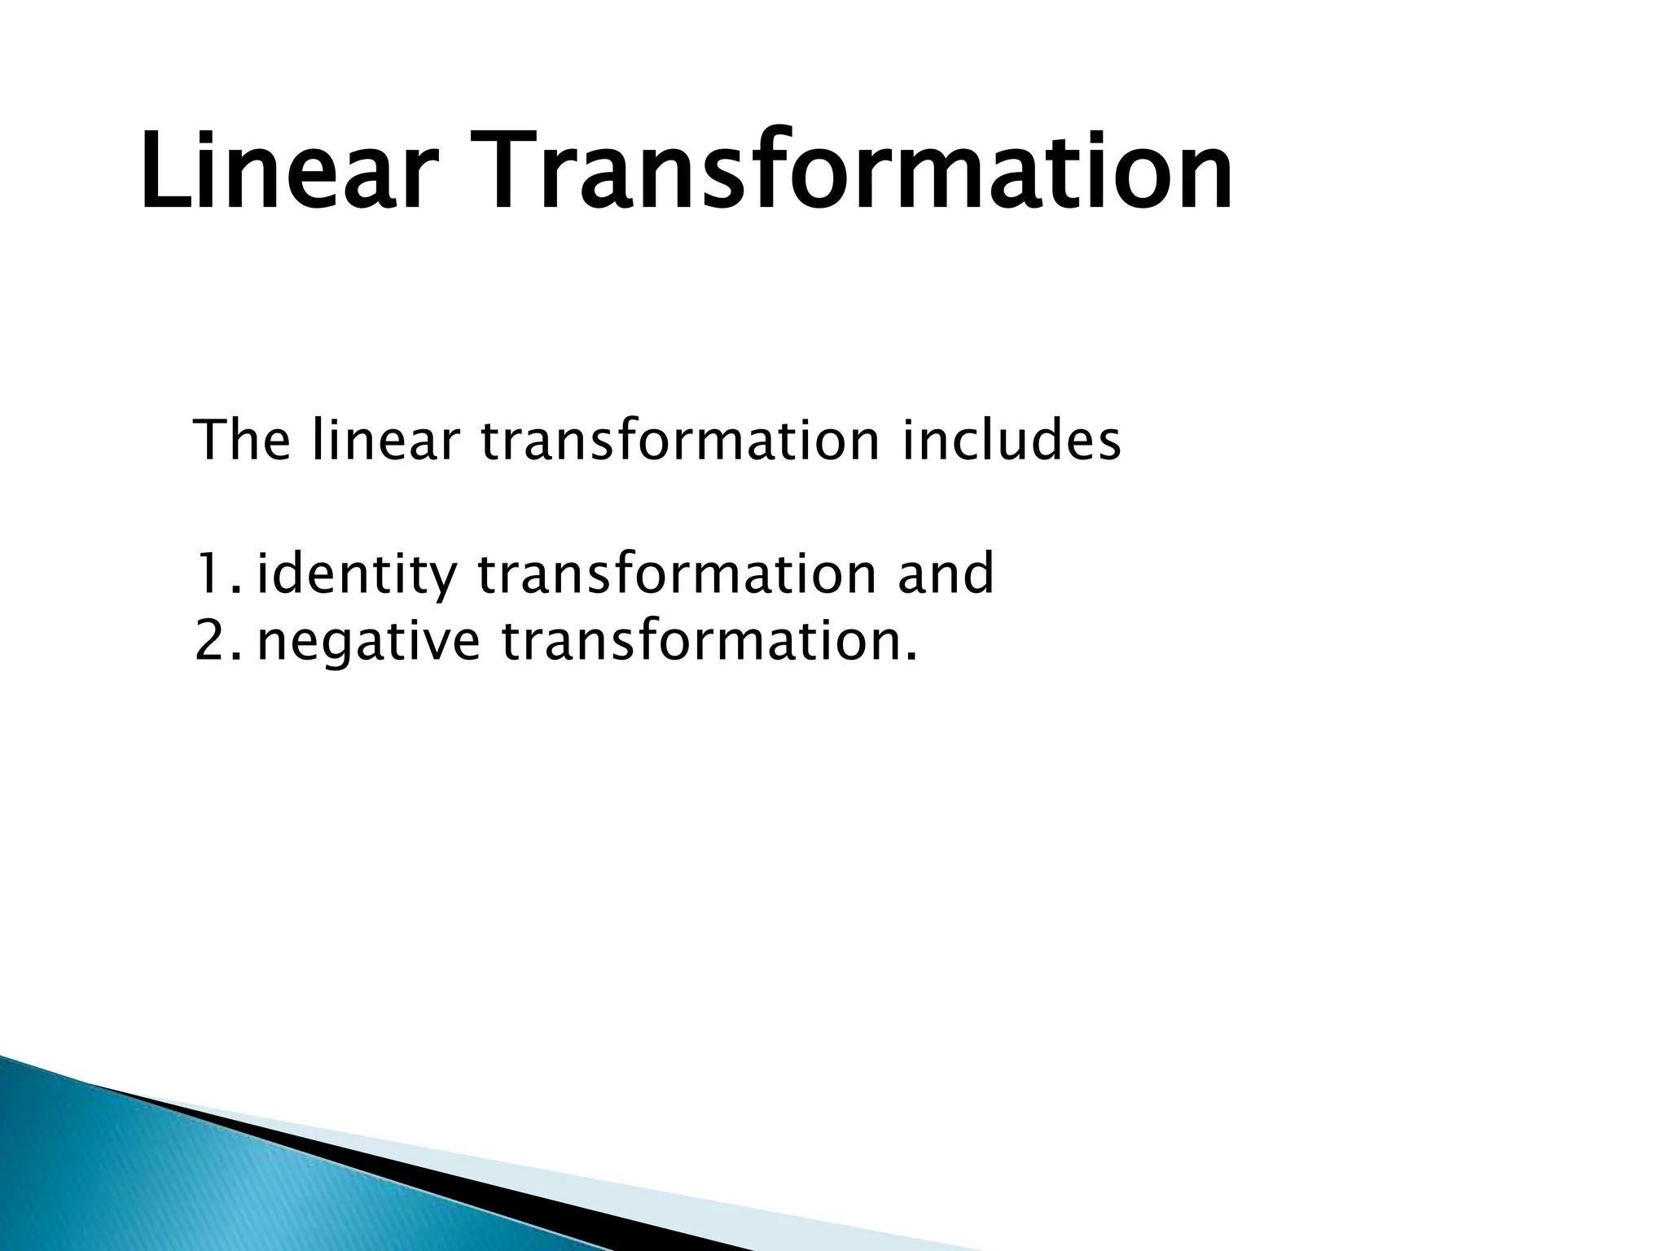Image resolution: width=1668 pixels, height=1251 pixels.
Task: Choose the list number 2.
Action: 213,642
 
